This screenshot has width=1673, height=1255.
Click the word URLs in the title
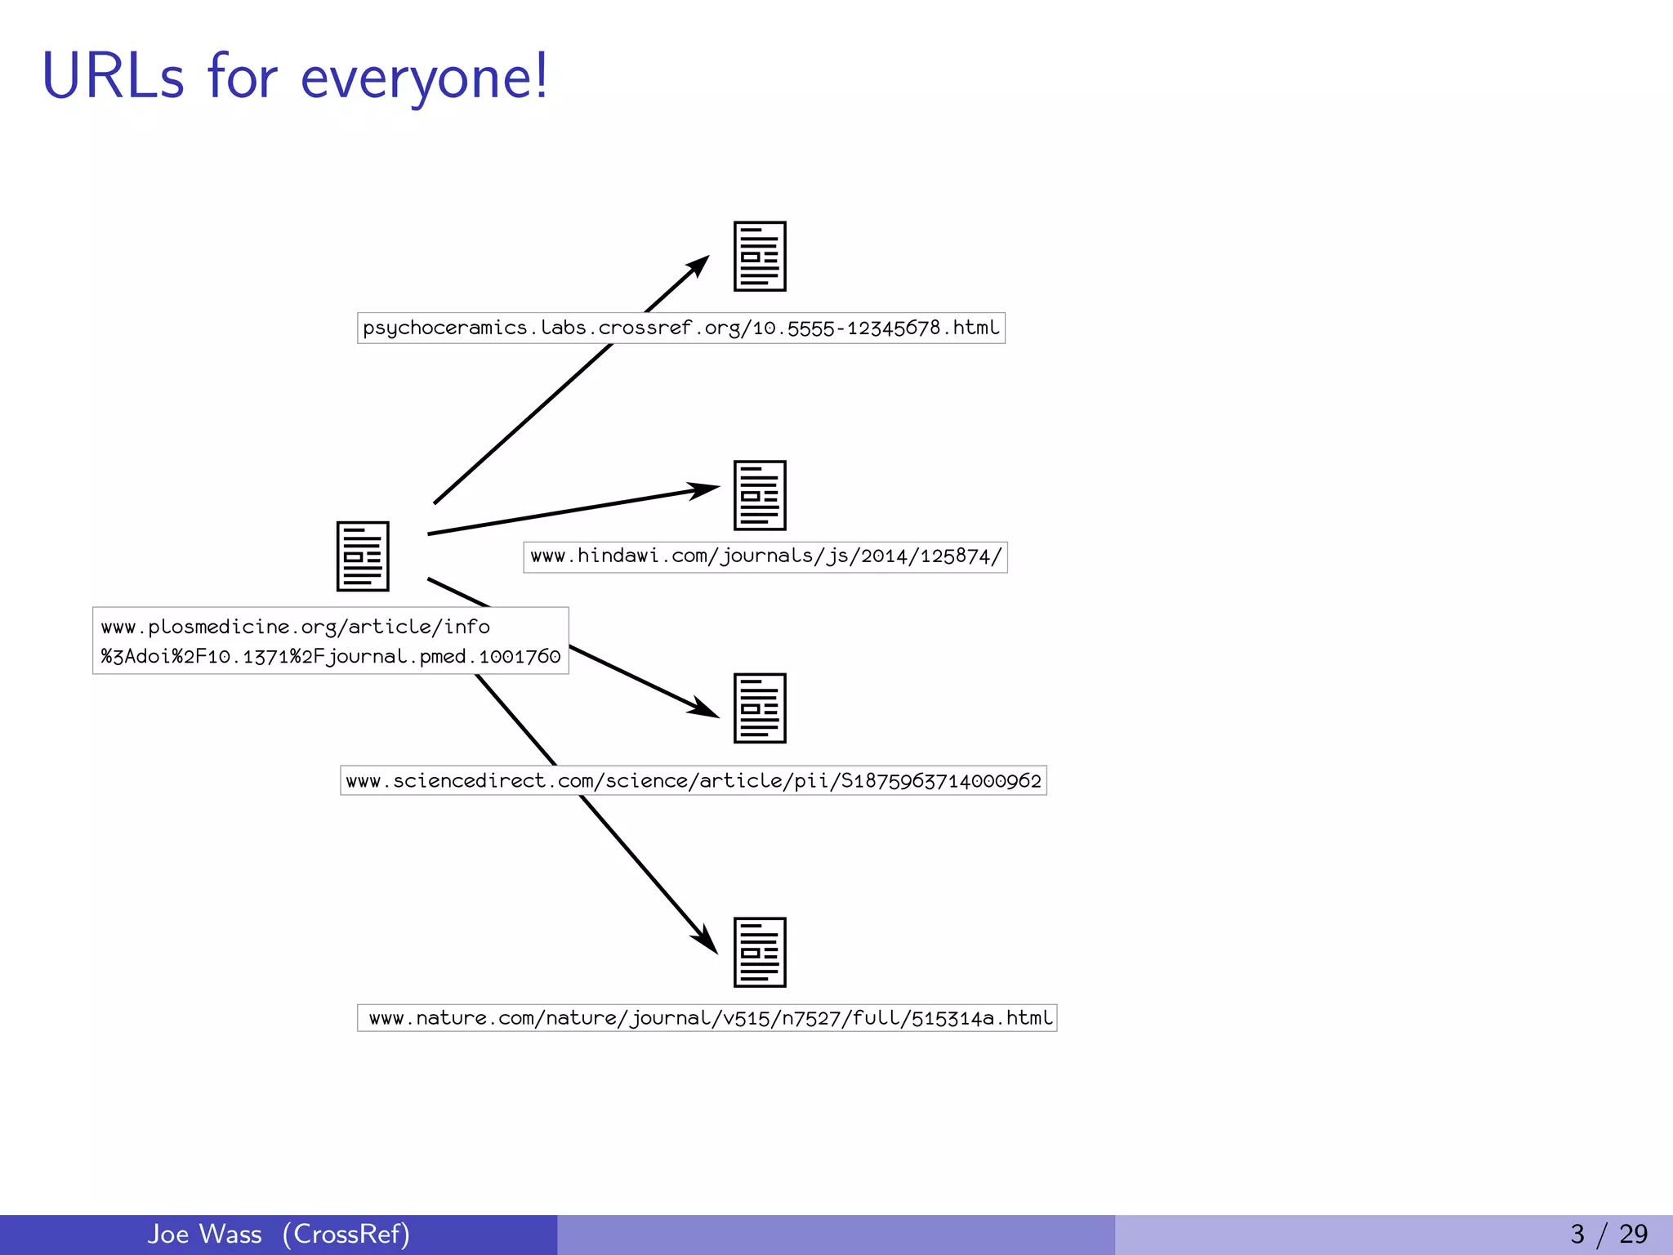click(x=113, y=76)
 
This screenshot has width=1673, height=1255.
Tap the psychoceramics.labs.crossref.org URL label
click(x=680, y=328)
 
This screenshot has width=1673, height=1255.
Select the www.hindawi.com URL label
click(x=765, y=556)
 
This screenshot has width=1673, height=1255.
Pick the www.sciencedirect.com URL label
click(x=693, y=780)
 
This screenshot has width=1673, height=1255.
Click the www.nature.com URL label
click(x=707, y=1018)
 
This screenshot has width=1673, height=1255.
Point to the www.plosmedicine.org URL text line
click(x=295, y=627)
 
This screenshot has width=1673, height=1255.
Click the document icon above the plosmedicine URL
click(x=363, y=556)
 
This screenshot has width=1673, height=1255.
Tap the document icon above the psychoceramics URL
click(x=760, y=257)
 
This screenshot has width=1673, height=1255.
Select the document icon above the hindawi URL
click(x=760, y=495)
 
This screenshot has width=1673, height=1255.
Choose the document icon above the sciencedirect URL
click(x=760, y=708)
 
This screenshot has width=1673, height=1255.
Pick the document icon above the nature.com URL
click(x=760, y=953)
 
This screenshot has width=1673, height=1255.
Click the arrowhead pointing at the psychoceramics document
click(x=698, y=266)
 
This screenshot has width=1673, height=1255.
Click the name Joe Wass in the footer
click(x=204, y=1234)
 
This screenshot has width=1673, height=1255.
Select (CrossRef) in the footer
click(x=346, y=1234)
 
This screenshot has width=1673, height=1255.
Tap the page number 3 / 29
click(x=1608, y=1234)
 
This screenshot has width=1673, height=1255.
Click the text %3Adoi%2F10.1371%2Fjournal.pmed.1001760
click(x=331, y=656)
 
